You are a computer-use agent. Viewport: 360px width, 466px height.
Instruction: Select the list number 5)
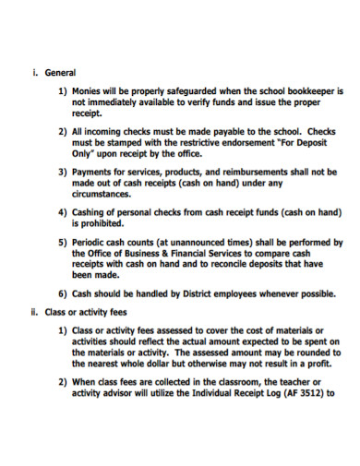(64, 243)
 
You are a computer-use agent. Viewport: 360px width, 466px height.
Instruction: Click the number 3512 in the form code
(304, 393)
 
